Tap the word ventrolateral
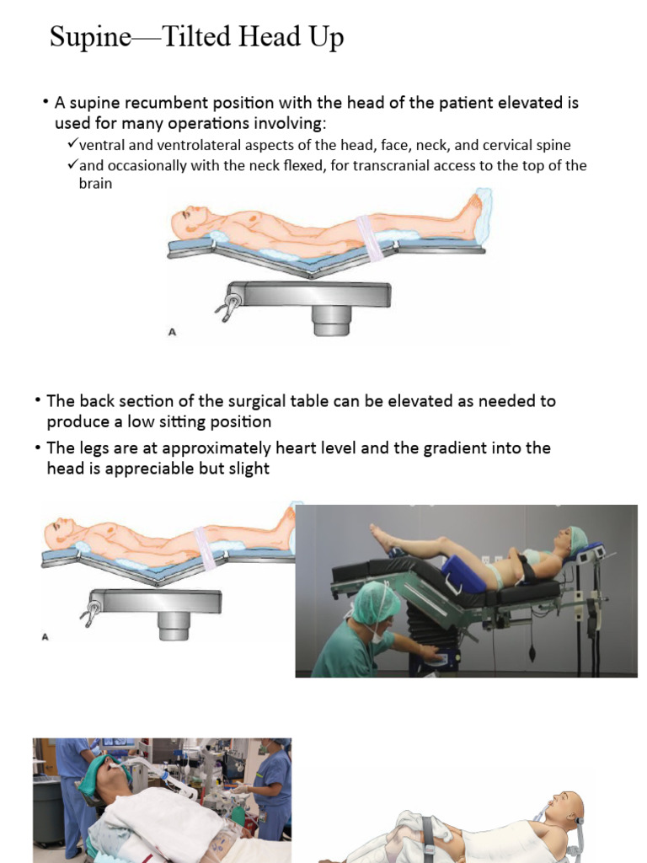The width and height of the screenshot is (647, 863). (x=195, y=145)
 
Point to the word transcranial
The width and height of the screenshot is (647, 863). (x=393, y=165)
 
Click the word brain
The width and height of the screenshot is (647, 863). (x=89, y=183)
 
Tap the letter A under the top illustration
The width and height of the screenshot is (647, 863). (x=173, y=332)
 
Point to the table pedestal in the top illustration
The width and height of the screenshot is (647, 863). (x=332, y=319)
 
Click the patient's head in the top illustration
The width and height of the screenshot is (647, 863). (x=187, y=221)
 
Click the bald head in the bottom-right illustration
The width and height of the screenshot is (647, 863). (x=569, y=806)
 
